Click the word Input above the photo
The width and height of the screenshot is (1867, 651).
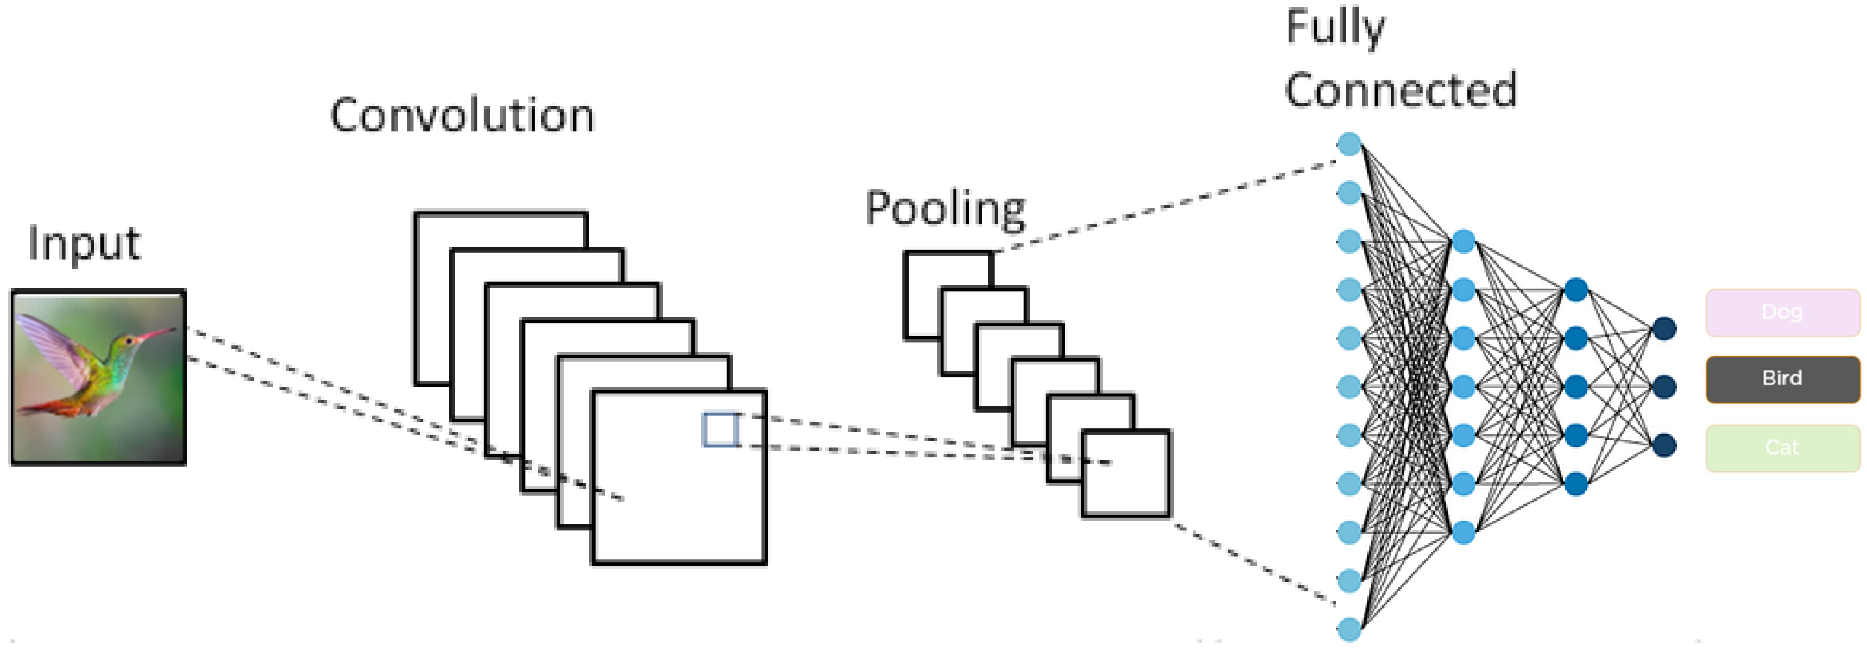(x=83, y=244)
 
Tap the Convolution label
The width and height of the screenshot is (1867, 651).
(x=462, y=116)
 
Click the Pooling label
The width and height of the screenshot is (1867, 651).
(x=945, y=209)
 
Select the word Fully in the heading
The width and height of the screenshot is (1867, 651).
(x=1335, y=28)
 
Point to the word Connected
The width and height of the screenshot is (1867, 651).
(x=1400, y=91)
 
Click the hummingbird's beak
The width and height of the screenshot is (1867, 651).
(x=156, y=334)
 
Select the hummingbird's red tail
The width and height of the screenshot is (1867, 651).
(x=43, y=407)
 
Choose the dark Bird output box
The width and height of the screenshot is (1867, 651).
(x=1782, y=378)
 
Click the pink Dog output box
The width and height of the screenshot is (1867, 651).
(x=1782, y=312)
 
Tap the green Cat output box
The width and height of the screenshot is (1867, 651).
(x=1782, y=447)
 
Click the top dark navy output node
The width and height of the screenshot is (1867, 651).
(x=1664, y=329)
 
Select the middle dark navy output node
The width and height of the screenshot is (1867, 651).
(x=1664, y=387)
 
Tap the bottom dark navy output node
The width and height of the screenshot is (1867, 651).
(x=1664, y=444)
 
